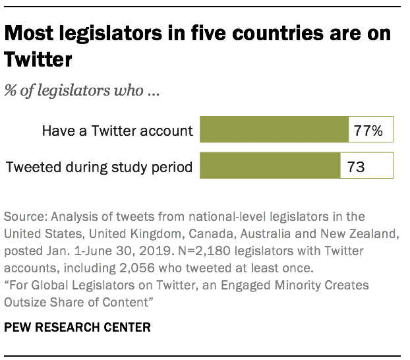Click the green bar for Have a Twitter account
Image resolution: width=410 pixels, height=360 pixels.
[274, 130]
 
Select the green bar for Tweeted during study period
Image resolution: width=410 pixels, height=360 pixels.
[269, 166]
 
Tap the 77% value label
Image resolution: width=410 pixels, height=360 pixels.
[368, 130]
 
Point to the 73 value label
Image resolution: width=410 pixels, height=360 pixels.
[356, 166]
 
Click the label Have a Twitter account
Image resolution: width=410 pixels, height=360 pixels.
[117, 131]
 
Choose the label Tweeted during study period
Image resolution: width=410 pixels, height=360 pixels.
[99, 167]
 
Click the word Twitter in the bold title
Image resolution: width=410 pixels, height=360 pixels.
[38, 61]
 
